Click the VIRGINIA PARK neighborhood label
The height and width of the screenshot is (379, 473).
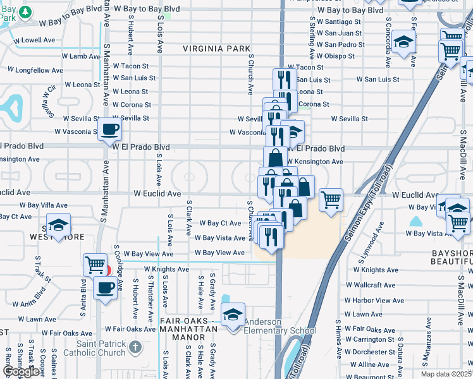(207, 49)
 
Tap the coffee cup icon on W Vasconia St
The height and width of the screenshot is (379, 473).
(109, 130)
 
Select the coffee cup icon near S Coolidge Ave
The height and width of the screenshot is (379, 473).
(106, 289)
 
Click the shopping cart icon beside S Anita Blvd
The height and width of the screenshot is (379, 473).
(95, 265)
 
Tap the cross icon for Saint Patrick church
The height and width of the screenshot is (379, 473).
(134, 347)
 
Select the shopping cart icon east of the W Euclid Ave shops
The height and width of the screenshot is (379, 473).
(331, 200)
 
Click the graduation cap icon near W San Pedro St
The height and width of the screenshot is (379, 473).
(403, 42)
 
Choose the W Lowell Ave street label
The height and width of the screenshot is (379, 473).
(34, 40)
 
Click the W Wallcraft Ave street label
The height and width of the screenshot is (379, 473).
(370, 285)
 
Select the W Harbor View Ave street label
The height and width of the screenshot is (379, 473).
(374, 300)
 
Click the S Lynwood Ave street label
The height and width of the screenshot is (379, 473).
(379, 238)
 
